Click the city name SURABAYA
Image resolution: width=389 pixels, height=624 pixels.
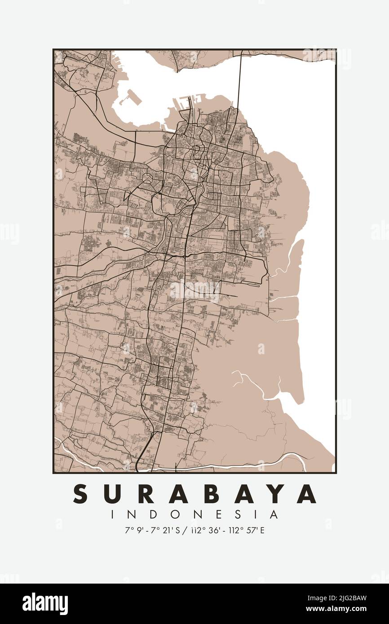194,494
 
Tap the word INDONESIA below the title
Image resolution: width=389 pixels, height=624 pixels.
194,514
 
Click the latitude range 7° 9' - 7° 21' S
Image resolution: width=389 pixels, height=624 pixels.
152,530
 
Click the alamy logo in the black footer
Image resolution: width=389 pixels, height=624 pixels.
45,604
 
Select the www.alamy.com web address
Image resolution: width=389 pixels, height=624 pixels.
341,609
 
